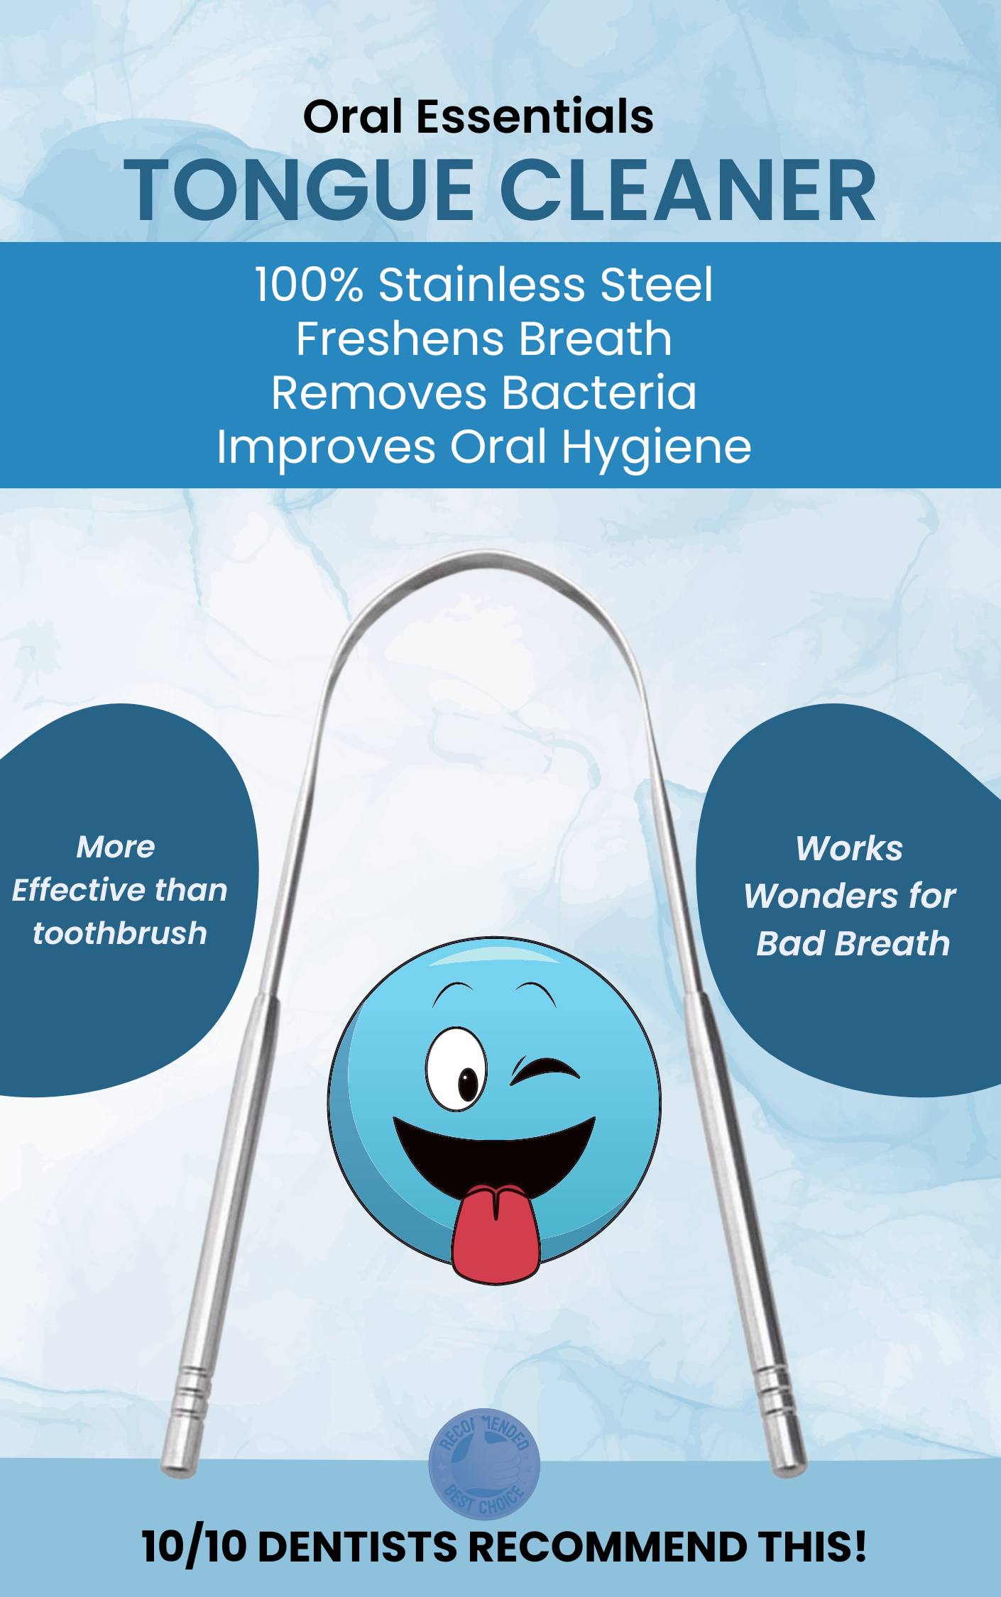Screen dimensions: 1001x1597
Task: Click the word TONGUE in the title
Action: (298, 190)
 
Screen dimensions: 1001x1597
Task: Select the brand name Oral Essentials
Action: (478, 116)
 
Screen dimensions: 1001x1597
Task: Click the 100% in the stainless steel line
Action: (310, 285)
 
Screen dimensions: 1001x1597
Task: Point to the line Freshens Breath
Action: (484, 339)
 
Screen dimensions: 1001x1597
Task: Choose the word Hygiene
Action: (657, 449)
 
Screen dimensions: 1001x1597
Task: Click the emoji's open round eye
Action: (457, 1068)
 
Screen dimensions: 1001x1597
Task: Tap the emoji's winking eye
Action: (545, 1070)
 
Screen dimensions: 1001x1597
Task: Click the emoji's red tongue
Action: (496, 1234)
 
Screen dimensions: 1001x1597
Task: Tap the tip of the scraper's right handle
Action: (789, 1469)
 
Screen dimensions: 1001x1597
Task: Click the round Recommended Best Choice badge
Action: (484, 1464)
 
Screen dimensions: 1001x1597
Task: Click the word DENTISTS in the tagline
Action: (357, 1547)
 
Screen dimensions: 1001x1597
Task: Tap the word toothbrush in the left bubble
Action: (120, 933)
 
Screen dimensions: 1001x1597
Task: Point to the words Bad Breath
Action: (853, 944)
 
